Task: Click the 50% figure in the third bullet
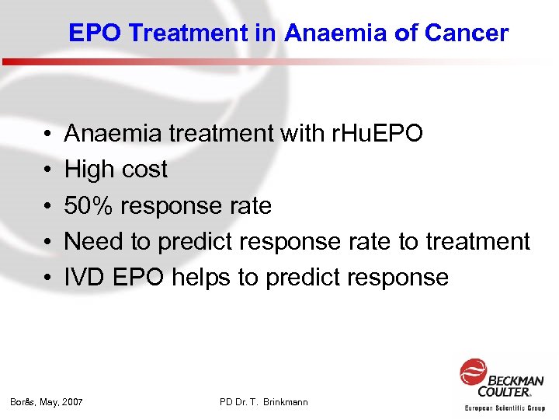[87, 205]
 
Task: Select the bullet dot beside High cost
[48, 170]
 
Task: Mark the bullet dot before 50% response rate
[48, 206]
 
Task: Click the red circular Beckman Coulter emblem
[473, 372]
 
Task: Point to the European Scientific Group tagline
[505, 408]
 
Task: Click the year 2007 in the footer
[71, 402]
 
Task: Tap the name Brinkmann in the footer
[285, 402]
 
